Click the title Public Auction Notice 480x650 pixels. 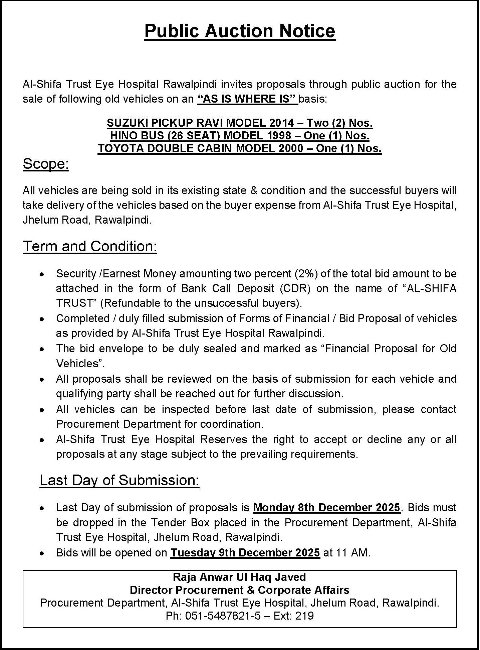point(240,31)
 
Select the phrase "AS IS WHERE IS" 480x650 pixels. point(247,99)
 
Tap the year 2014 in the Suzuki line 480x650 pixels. point(281,123)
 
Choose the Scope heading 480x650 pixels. point(46,164)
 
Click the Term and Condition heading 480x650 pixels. point(90,246)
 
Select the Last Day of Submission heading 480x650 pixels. point(119,480)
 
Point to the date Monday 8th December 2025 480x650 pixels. point(326,508)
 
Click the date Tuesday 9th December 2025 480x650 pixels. point(245,553)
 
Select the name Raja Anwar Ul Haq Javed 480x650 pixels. point(239,577)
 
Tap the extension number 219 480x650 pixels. point(304,616)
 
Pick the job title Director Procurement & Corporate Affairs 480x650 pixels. point(239,590)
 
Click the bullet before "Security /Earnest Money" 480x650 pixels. point(41,274)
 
